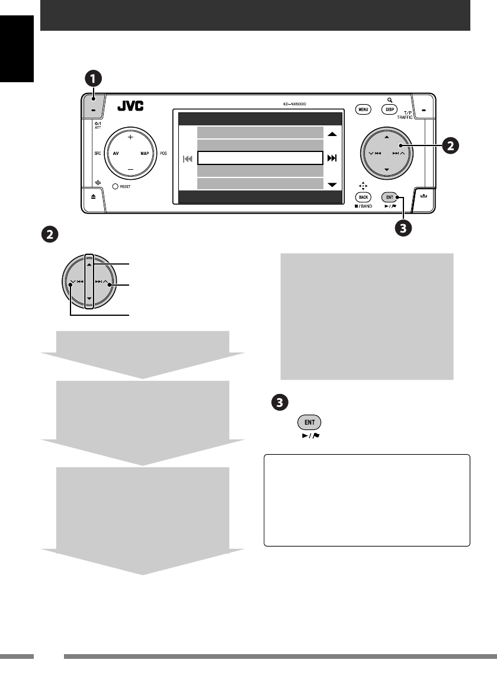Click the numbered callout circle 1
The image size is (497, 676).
click(x=92, y=78)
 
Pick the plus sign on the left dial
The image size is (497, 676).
click(x=130, y=137)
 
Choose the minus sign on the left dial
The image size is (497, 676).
click(x=130, y=170)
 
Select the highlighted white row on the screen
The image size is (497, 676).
click(x=260, y=158)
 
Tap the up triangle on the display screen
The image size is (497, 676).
click(x=332, y=134)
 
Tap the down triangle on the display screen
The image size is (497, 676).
click(x=332, y=185)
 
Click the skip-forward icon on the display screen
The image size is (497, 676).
click(x=332, y=158)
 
